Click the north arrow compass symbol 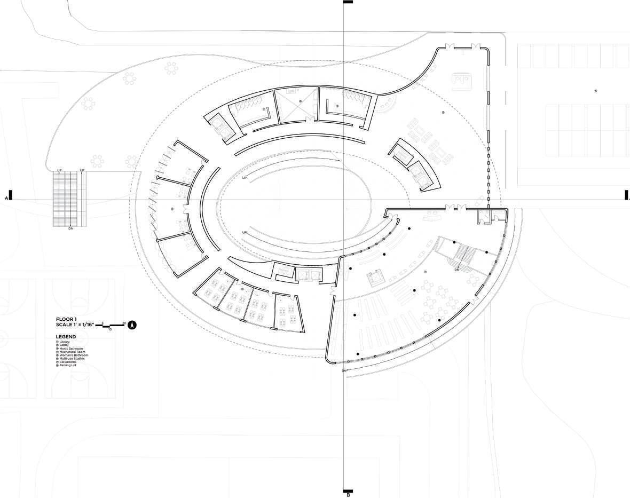pos(132,324)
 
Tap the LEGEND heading pos(66,337)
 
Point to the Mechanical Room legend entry pos(71,352)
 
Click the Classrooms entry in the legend pos(68,362)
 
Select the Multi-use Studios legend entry pos(72,359)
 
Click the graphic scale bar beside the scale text pos(111,325)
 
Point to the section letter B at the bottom pos(348,495)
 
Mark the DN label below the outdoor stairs pos(70,228)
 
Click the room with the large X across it pos(297,104)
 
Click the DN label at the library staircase pos(456,270)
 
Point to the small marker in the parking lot pos(596,91)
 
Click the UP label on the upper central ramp pos(245,178)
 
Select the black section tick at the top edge pos(348,3)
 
